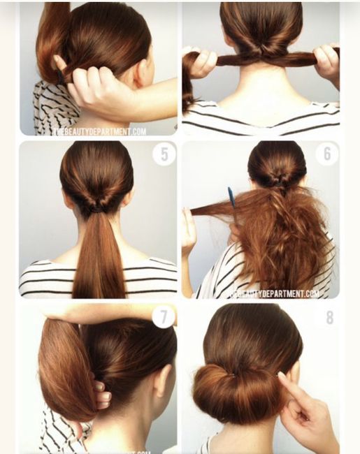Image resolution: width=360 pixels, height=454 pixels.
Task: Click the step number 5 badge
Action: pos(164,154)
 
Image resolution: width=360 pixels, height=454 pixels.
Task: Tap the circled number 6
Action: pos(326,154)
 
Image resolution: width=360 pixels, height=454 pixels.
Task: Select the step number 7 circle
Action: pos(164,316)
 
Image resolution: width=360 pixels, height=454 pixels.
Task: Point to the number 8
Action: pos(330,318)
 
